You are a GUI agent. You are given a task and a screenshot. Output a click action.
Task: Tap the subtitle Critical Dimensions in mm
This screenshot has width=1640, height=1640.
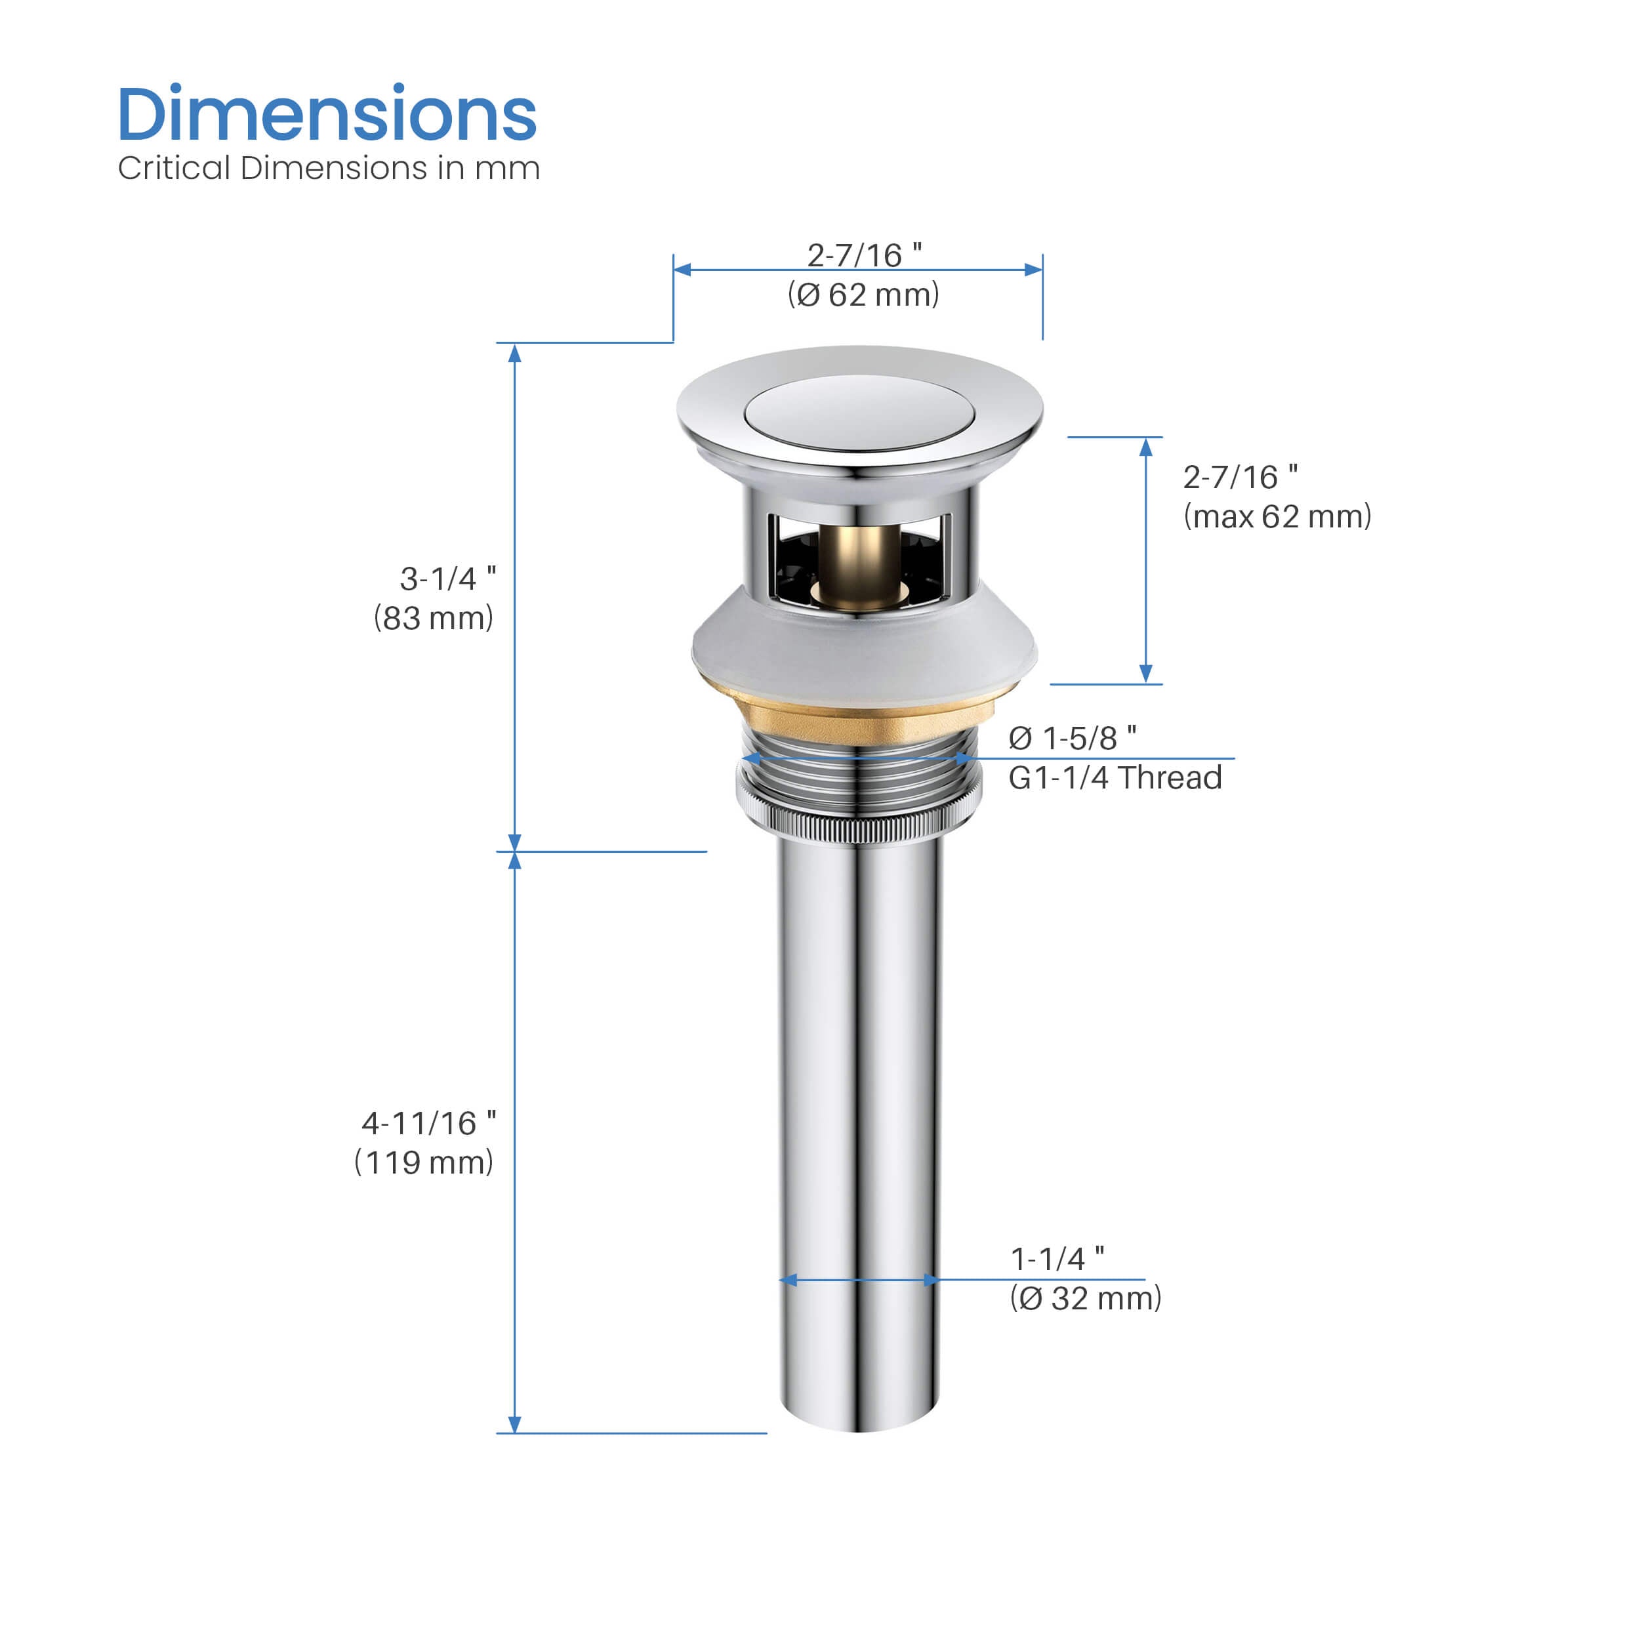pos(329,168)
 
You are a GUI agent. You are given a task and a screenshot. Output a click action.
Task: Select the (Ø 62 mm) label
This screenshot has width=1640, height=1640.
pos(863,295)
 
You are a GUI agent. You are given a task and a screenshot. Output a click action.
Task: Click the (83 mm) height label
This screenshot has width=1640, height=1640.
pos(433,618)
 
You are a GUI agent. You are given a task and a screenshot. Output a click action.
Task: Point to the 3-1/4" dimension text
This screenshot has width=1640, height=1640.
pos(448,579)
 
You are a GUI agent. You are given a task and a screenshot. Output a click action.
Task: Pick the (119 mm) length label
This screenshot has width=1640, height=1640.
pos(424,1162)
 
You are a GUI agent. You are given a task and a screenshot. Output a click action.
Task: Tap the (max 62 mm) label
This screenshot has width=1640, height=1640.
pos(1277,516)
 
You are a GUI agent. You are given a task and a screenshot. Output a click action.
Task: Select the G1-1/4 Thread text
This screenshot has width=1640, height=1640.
pos(1115,777)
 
